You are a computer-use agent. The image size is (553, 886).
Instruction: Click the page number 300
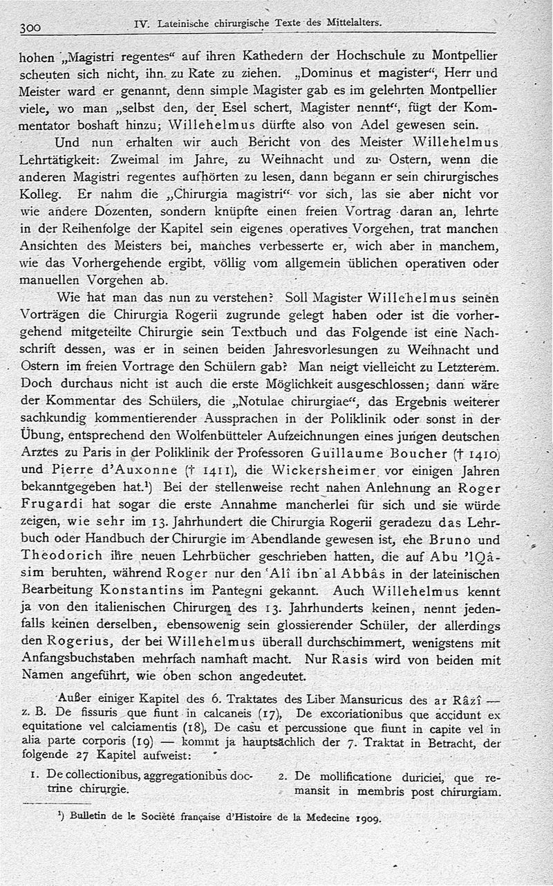[32, 28]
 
